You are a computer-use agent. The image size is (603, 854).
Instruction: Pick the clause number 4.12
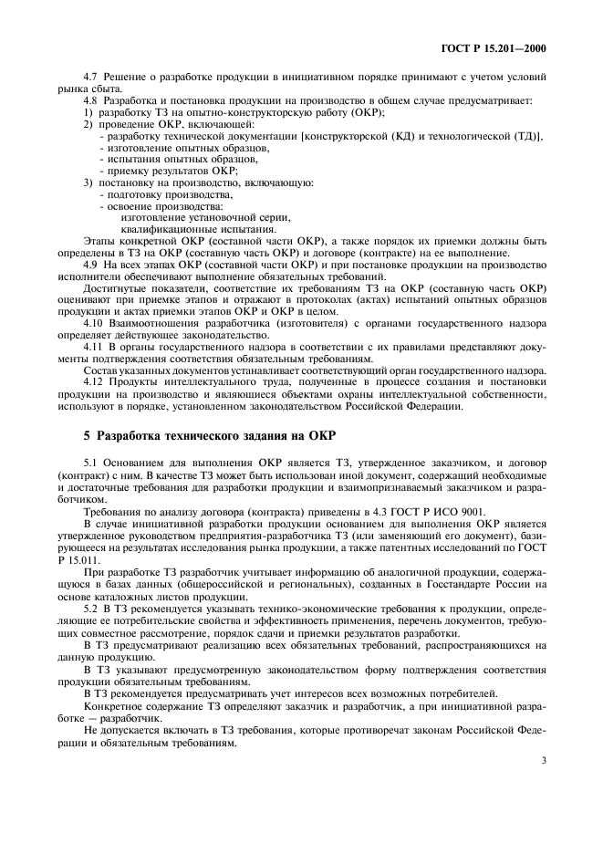[x=94, y=381]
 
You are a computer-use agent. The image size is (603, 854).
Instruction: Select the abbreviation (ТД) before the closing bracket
[x=526, y=136]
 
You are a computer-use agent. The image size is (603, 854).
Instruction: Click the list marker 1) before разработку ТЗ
[x=88, y=112]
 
